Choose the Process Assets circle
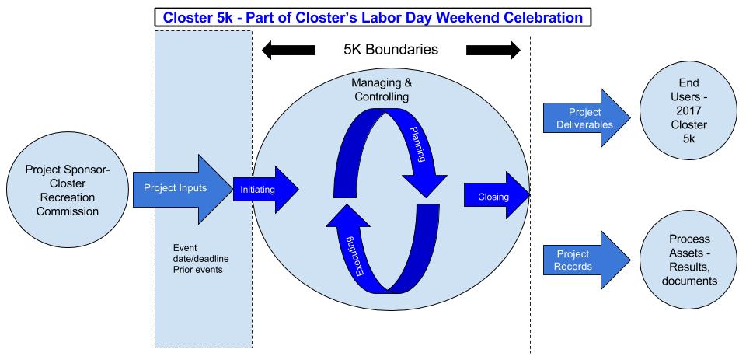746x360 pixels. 679,259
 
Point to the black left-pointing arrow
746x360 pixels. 288,51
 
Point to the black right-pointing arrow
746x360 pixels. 493,51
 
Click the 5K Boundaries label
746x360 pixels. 391,50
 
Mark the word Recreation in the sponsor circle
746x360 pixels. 61,198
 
